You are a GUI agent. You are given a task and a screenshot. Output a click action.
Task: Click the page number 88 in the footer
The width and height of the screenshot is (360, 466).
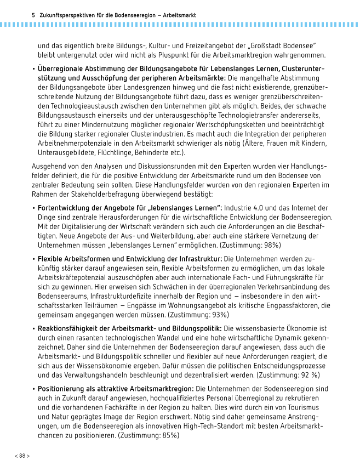[22, 456]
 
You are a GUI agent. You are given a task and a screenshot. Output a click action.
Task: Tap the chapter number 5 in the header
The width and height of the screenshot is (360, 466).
[34, 15]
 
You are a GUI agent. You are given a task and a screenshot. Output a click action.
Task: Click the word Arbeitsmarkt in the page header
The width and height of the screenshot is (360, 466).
[178, 15]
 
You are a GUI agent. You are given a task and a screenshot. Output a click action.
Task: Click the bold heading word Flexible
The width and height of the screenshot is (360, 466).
[51, 258]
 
